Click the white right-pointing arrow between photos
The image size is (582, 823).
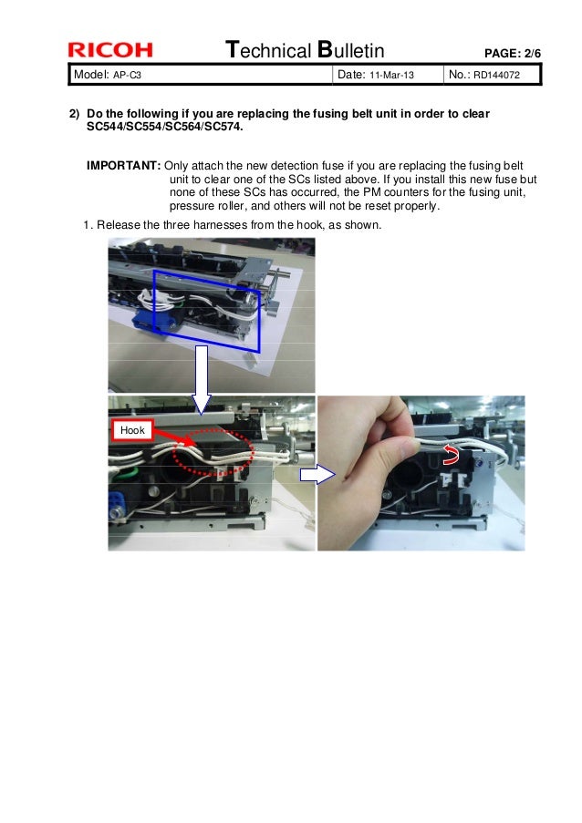[314, 474]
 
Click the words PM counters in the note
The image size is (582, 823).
[400, 192]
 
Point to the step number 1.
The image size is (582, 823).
[87, 225]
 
